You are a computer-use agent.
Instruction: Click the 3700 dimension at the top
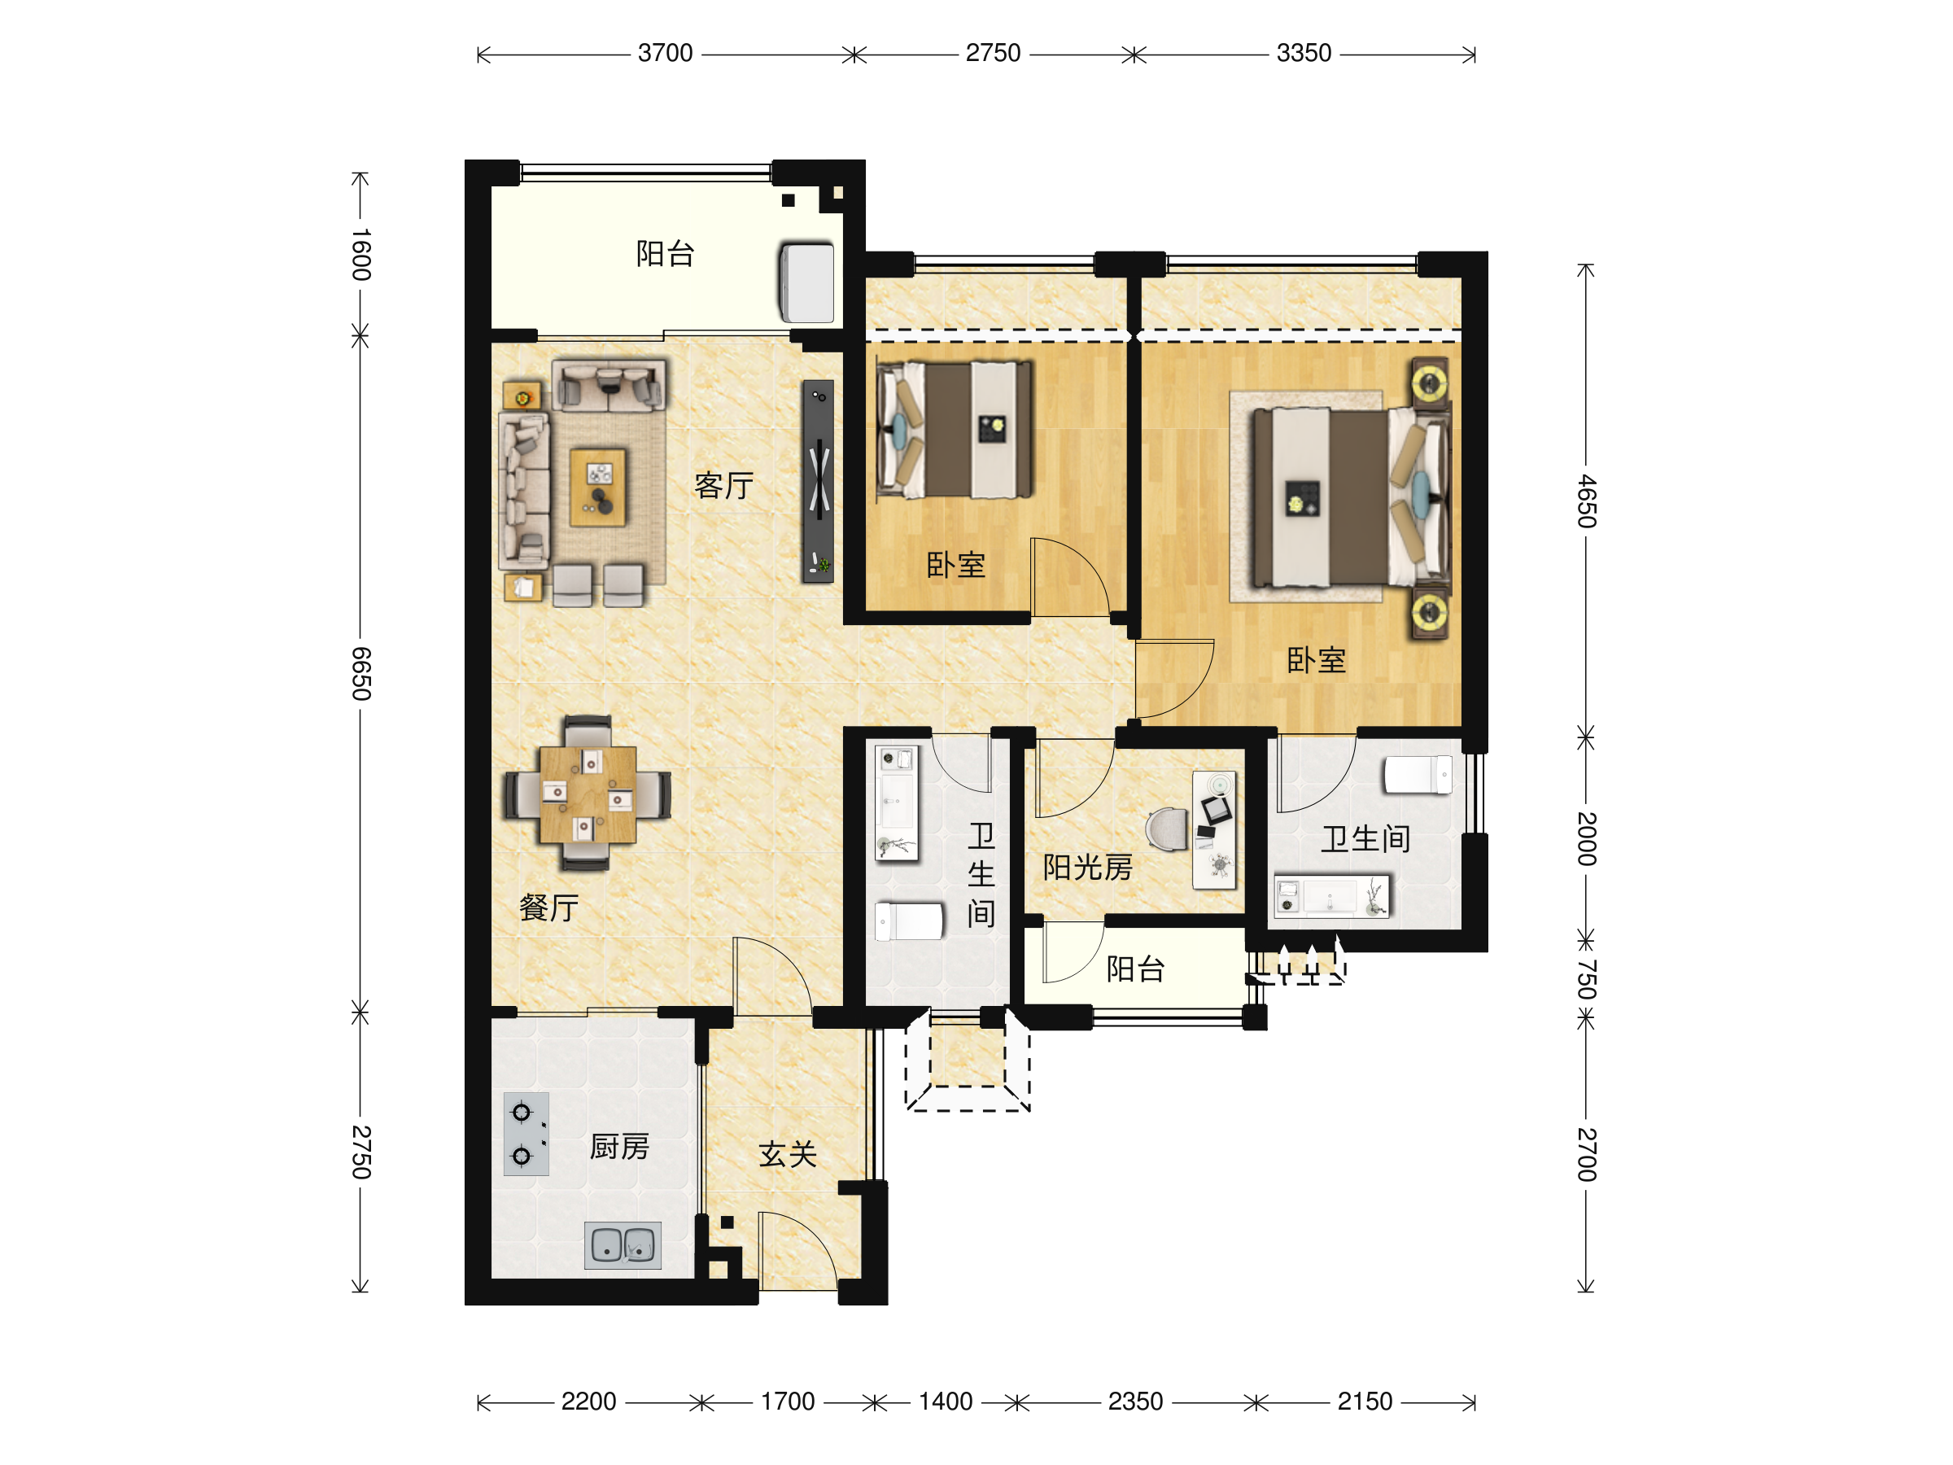click(665, 53)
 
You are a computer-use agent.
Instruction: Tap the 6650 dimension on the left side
click(361, 673)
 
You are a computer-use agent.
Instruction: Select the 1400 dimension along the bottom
click(946, 1402)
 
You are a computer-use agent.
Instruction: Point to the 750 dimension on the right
click(1587, 978)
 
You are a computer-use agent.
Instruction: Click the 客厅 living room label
click(724, 485)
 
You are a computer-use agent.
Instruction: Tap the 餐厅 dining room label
click(549, 907)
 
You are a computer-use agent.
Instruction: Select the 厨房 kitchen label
click(620, 1147)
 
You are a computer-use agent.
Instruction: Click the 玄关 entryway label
click(788, 1154)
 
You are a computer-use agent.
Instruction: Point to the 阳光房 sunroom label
click(1088, 867)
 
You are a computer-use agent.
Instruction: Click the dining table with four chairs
click(588, 794)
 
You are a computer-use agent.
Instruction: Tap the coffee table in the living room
click(598, 487)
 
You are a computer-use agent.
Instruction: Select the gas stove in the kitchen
click(526, 1134)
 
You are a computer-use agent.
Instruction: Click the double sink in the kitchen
click(623, 1246)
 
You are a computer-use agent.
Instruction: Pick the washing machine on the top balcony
click(806, 282)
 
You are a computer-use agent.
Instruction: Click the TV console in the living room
click(818, 481)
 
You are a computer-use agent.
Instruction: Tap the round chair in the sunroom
click(1167, 829)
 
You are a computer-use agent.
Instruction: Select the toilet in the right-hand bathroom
click(1418, 775)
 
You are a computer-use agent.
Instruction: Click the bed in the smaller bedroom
click(954, 429)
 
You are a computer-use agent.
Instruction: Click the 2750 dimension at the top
click(994, 53)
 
